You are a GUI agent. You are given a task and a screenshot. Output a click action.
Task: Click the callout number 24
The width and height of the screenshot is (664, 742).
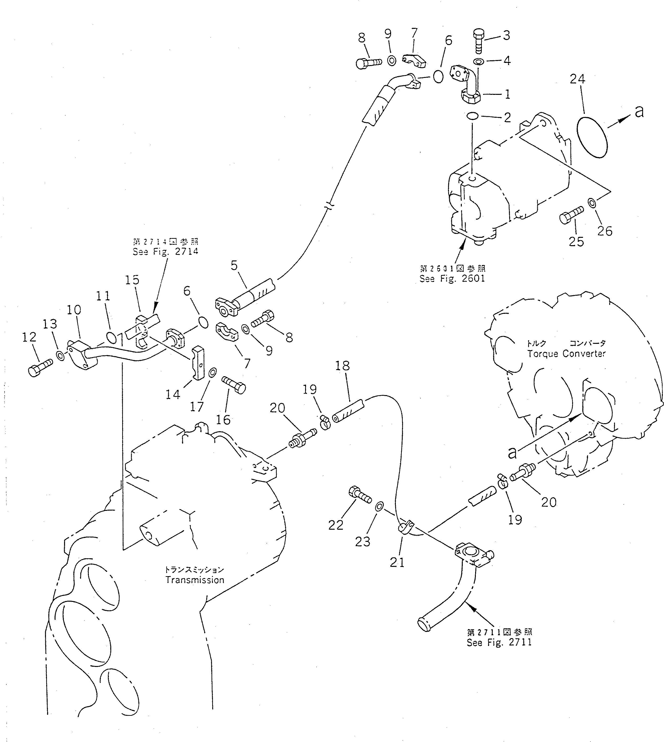(x=578, y=79)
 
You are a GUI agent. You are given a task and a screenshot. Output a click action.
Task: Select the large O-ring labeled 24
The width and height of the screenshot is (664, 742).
(x=593, y=137)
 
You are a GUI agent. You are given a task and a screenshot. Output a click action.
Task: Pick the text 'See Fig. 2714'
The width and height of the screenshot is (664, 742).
(x=165, y=251)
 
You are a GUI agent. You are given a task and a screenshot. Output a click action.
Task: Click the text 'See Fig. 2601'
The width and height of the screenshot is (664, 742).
(x=453, y=279)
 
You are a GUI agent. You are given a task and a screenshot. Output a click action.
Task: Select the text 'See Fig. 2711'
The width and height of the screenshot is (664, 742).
(x=499, y=642)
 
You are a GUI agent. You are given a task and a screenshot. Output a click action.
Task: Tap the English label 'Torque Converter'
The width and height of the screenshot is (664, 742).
(x=566, y=353)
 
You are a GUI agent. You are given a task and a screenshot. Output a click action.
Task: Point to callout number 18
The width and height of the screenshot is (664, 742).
(x=342, y=366)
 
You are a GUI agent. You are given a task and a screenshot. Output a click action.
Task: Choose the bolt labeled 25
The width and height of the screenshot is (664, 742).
(x=571, y=215)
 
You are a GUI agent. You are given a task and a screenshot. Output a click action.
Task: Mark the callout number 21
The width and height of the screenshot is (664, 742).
(x=397, y=562)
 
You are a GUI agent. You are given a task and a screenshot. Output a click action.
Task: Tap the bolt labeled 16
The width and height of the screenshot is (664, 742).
(x=233, y=385)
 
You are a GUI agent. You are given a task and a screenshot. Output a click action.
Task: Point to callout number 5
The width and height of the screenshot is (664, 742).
(x=234, y=265)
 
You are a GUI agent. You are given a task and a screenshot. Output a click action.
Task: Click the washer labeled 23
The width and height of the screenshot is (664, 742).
(x=379, y=506)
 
